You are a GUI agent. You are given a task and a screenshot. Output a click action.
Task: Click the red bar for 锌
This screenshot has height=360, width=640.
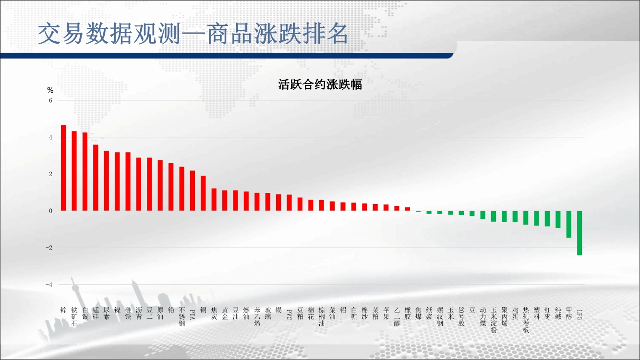click(63, 168)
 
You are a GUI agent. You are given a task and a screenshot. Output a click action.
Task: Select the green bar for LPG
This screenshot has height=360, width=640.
click(580, 233)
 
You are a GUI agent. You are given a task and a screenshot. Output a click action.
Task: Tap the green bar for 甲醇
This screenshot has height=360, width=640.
click(569, 224)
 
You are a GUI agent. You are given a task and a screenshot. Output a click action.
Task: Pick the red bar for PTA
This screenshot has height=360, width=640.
click(193, 191)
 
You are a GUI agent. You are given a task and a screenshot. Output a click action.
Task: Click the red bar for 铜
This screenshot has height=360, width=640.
click(203, 193)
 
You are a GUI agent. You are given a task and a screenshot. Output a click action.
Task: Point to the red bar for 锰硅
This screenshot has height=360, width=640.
click(96, 178)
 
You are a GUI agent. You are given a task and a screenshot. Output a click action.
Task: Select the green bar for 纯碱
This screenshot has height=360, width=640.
click(558, 219)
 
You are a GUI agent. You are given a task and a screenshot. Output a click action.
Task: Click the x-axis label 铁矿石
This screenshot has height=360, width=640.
click(74, 317)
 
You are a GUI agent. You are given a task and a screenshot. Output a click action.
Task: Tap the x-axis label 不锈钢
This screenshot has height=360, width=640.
click(181, 317)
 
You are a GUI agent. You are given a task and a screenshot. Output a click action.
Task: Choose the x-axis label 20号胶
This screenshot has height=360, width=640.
click(461, 317)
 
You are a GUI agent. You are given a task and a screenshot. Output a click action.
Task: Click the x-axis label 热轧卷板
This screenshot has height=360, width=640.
click(526, 320)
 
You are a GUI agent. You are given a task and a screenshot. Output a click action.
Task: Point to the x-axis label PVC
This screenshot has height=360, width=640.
click(289, 315)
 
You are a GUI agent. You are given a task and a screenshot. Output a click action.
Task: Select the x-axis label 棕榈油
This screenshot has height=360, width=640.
click(321, 317)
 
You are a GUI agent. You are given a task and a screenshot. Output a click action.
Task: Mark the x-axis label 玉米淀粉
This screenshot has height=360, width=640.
click(494, 320)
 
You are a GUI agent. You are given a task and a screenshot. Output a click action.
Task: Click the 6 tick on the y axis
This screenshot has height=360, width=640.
click(50, 100)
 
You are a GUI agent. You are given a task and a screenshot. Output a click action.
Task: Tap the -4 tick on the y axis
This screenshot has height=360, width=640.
click(49, 285)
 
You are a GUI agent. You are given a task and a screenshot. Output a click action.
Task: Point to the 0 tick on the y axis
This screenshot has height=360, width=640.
click(50, 211)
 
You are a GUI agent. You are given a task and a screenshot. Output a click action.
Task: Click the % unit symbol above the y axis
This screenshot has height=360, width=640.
click(50, 90)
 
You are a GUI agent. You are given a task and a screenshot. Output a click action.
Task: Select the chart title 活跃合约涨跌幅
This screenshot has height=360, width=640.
click(320, 84)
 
